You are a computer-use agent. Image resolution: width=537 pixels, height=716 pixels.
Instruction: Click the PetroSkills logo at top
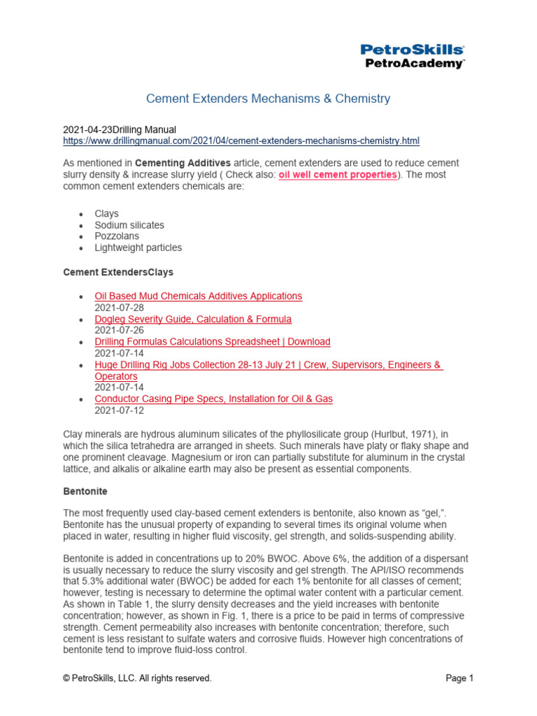[412, 56]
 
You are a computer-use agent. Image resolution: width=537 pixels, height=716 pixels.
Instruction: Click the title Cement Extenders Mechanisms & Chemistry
[268, 99]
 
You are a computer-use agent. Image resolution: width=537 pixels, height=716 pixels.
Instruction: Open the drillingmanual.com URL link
[241, 141]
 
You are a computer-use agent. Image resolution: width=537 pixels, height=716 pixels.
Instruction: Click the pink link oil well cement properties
[337, 174]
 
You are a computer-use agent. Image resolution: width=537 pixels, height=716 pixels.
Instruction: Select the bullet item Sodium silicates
[129, 225]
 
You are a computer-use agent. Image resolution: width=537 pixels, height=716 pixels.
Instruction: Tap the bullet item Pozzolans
[117, 236]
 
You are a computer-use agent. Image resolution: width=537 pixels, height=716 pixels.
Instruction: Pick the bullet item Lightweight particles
[138, 248]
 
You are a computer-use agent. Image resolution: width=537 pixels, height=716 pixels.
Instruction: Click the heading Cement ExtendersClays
[118, 271]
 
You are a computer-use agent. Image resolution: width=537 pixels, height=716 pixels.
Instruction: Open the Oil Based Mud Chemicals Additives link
[199, 296]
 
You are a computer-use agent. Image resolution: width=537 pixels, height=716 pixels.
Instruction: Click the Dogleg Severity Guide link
[193, 319]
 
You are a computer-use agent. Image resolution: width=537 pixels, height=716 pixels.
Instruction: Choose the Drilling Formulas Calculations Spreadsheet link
[213, 342]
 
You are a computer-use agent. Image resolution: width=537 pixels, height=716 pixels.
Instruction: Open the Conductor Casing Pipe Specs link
[213, 399]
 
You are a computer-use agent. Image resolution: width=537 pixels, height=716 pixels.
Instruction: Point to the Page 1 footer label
[460, 678]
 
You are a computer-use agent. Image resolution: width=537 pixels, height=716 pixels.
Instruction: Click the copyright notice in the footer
[137, 678]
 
